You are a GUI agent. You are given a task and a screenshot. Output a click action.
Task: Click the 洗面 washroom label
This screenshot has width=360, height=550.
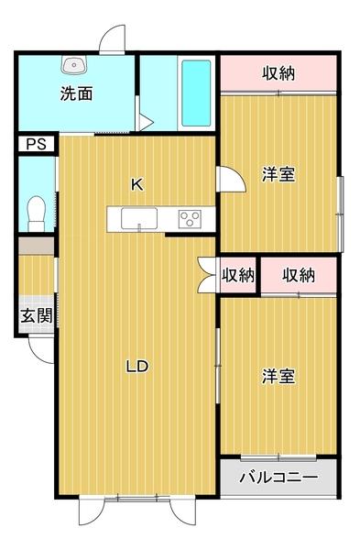[x=76, y=93]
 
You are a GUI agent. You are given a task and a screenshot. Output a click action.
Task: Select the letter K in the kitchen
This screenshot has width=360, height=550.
[x=136, y=184]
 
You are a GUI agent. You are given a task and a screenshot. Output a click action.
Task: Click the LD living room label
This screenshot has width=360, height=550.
[x=136, y=367]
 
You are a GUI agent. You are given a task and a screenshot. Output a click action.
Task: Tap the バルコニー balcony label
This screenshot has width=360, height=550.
[x=278, y=478]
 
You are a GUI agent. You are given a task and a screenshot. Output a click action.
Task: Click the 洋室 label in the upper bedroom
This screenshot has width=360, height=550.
[x=278, y=174]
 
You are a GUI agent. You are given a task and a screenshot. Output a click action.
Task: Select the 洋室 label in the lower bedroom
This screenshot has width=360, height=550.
[x=278, y=376]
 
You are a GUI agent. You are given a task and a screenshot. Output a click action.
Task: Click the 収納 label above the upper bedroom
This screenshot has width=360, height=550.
[x=278, y=73]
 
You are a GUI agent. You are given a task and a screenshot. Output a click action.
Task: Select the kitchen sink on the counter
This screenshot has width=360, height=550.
[x=136, y=217]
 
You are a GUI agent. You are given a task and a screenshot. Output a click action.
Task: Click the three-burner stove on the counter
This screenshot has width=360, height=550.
[x=191, y=218]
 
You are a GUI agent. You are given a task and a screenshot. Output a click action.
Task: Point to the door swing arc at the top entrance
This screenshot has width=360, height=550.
[x=111, y=38]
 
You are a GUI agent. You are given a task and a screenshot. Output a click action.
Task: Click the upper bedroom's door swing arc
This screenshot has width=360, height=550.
[x=233, y=179]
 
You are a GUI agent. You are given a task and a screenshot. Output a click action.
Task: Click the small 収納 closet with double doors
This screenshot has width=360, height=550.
[x=237, y=275]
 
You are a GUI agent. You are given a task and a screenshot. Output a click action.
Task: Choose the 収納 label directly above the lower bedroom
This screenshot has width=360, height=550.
[x=299, y=274]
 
